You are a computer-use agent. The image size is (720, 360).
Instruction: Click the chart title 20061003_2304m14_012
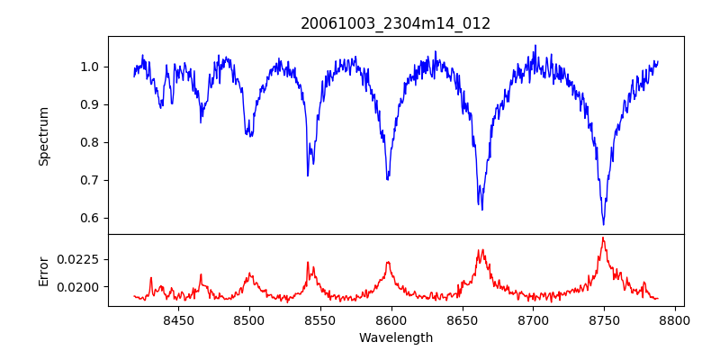[x=396, y=23]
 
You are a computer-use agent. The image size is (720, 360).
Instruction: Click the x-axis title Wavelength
[x=396, y=337]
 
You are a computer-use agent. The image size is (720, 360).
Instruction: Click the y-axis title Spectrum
[x=43, y=136]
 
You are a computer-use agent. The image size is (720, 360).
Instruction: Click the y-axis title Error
[x=43, y=271]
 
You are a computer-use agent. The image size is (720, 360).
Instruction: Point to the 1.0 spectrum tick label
[x=89, y=67]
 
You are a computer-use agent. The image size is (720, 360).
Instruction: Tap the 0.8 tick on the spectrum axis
[x=89, y=142]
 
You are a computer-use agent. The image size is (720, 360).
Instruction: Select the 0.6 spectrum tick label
[x=89, y=218]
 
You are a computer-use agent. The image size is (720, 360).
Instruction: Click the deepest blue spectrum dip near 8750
[x=603, y=224]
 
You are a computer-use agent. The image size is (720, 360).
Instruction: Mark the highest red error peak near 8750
[x=603, y=238]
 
